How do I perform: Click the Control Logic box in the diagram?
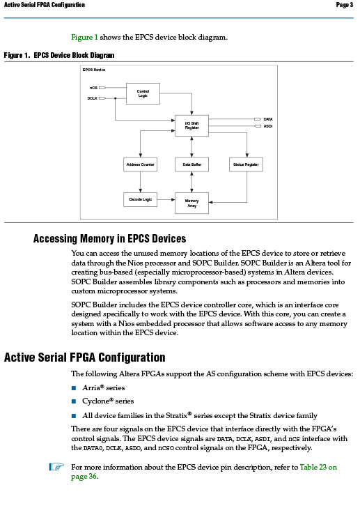pos(143,93)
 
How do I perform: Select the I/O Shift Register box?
pos(191,125)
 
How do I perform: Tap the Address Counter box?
pos(140,164)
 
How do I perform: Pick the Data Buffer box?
pos(191,164)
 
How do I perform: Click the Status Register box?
pos(246,164)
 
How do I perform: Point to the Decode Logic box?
pos(140,199)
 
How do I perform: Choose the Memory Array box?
pos(191,203)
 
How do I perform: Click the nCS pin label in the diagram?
pos(93,88)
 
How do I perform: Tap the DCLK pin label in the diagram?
pos(93,98)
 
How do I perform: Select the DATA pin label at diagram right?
pos(268,119)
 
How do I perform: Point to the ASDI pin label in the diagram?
pos(268,126)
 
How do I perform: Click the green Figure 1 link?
pos(84,37)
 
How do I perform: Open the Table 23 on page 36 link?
pos(204,471)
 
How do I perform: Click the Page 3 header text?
pos(345,5)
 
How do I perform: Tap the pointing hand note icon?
pos(56,467)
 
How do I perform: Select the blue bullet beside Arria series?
pos(74,388)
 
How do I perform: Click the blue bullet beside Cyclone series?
pos(74,401)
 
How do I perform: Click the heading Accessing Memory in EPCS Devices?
pos(110,239)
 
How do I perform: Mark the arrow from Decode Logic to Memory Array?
pos(166,199)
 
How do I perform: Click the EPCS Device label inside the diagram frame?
pos(94,70)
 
